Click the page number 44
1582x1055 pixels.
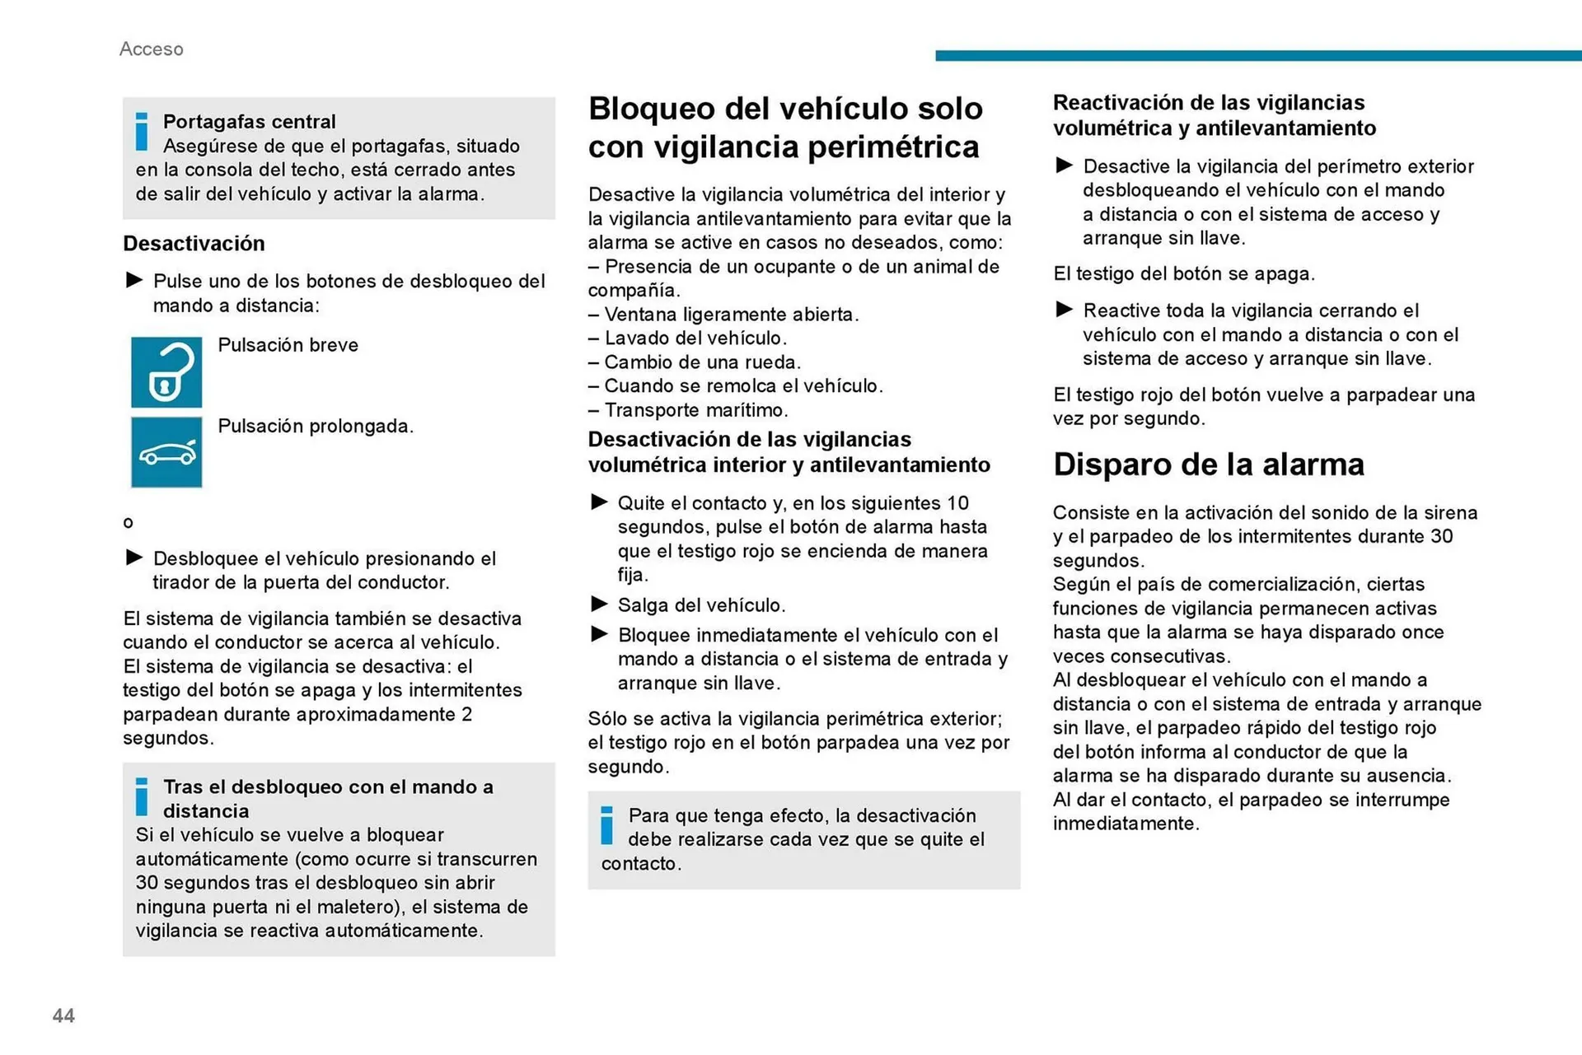(x=63, y=1015)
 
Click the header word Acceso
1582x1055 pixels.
(x=152, y=49)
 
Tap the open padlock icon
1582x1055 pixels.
(x=166, y=372)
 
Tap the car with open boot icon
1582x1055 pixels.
(x=166, y=452)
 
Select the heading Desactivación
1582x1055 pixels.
(x=194, y=244)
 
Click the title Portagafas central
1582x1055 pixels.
(x=249, y=122)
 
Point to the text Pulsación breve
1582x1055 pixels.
(x=288, y=345)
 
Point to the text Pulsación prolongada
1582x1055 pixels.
(x=316, y=427)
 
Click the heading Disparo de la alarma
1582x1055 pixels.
(x=1208, y=464)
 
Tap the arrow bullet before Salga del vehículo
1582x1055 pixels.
(x=599, y=605)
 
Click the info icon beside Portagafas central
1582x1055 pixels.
(x=142, y=132)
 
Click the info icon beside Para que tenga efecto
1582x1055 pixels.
(x=607, y=825)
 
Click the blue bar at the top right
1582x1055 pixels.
(x=1257, y=55)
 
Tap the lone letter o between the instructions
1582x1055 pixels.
(x=128, y=523)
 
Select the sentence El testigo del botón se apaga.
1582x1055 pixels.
(x=1183, y=274)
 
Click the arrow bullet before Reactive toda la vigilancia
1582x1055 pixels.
(x=1064, y=310)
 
